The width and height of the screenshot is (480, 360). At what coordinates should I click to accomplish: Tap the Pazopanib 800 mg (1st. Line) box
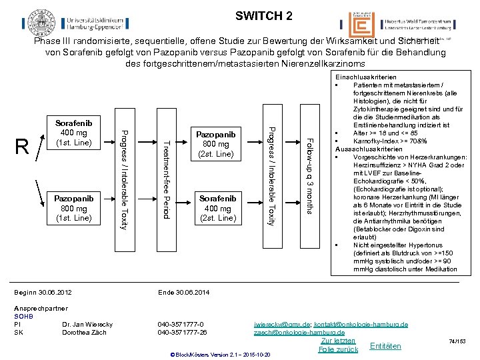pos(73,207)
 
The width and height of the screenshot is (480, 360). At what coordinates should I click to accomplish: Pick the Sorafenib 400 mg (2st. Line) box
pos(217,207)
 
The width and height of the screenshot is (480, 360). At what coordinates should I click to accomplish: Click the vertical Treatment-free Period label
pos(167,179)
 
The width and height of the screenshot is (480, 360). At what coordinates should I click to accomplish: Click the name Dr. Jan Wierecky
pos(87,324)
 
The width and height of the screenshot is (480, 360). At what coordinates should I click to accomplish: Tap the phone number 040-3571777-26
pos(182,332)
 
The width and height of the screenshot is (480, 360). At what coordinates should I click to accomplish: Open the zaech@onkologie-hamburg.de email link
pos(299,332)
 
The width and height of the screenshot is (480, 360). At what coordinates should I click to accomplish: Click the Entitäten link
pos(385,346)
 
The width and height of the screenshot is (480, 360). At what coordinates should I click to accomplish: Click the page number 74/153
pos(459,341)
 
